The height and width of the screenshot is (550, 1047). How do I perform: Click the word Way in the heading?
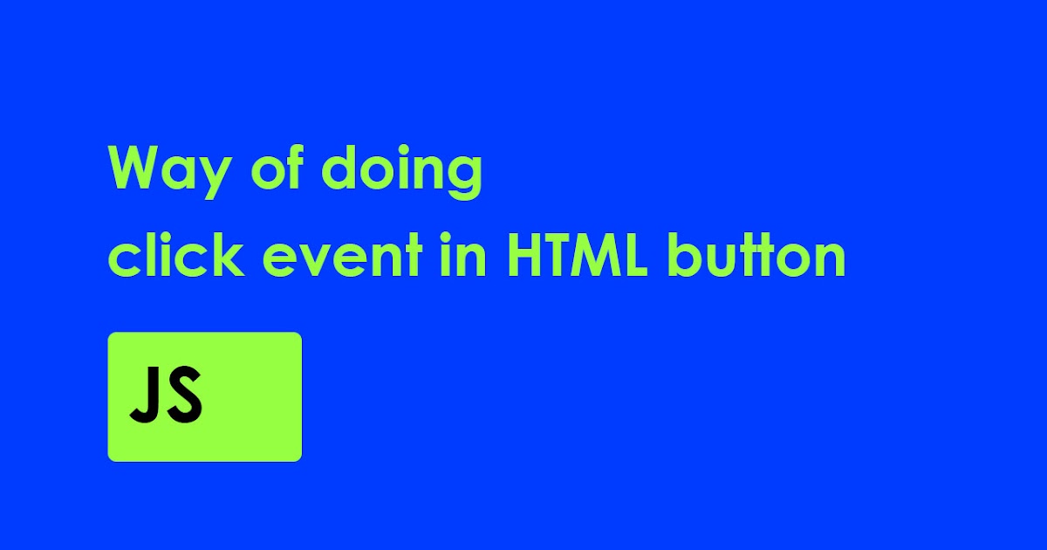171,170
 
